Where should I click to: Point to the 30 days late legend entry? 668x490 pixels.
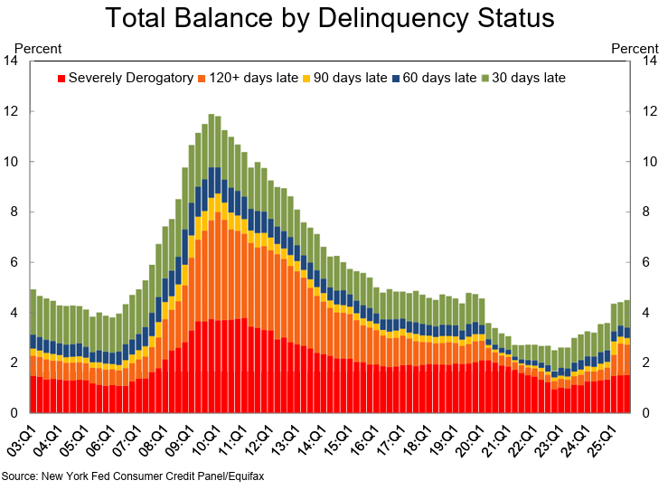click(526, 78)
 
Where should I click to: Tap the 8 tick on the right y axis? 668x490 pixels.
click(648, 212)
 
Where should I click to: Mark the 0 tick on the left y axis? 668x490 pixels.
click(14, 413)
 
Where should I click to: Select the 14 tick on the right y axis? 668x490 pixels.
click(648, 61)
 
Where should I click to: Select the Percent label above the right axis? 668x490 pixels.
click(635, 47)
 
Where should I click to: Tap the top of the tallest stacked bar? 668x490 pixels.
click(211, 116)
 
